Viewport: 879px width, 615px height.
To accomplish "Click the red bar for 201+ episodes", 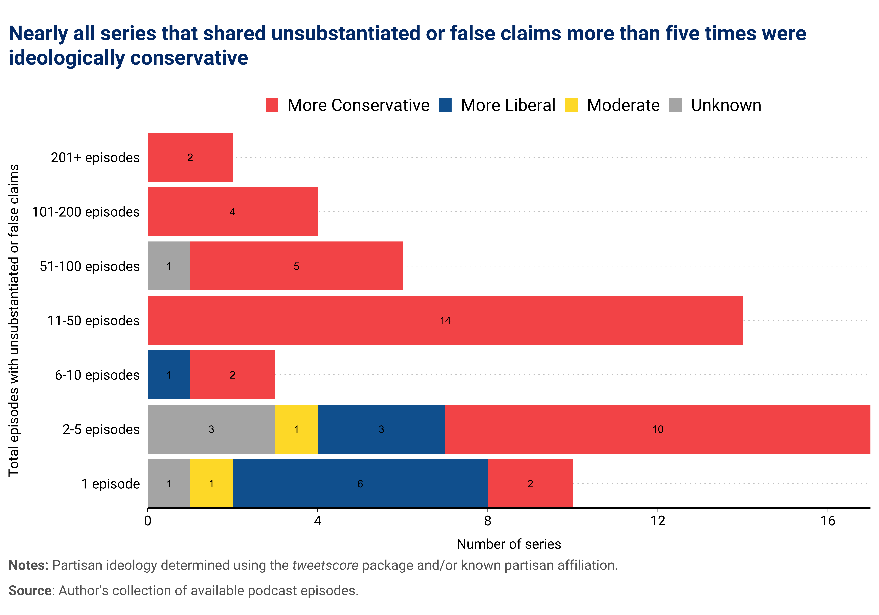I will pyautogui.click(x=190, y=157).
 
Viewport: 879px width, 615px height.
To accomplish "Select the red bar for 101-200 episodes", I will pyautogui.click(x=232, y=212).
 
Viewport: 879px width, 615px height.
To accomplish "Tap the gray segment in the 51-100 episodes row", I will pyautogui.click(x=169, y=266).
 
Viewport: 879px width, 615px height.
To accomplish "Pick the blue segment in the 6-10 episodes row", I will pyautogui.click(x=169, y=375).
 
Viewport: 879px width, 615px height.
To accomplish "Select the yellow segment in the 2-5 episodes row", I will pyautogui.click(x=296, y=429).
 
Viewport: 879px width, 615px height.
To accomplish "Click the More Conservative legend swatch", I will pyautogui.click(x=272, y=105).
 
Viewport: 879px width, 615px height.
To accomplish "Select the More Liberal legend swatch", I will pyautogui.click(x=445, y=105).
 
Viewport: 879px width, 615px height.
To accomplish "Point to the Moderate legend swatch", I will pyautogui.click(x=571, y=105).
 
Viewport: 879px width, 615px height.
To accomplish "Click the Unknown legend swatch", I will pyautogui.click(x=676, y=105).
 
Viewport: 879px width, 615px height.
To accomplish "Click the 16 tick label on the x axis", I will pyautogui.click(x=828, y=521).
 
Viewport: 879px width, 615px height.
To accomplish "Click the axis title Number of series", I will pyautogui.click(x=509, y=544).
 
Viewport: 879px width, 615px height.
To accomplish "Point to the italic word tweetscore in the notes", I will pyautogui.click(x=325, y=565).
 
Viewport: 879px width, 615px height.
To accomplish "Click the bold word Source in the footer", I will pyautogui.click(x=30, y=591).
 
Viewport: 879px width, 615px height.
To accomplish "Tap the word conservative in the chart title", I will pyautogui.click(x=189, y=58).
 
